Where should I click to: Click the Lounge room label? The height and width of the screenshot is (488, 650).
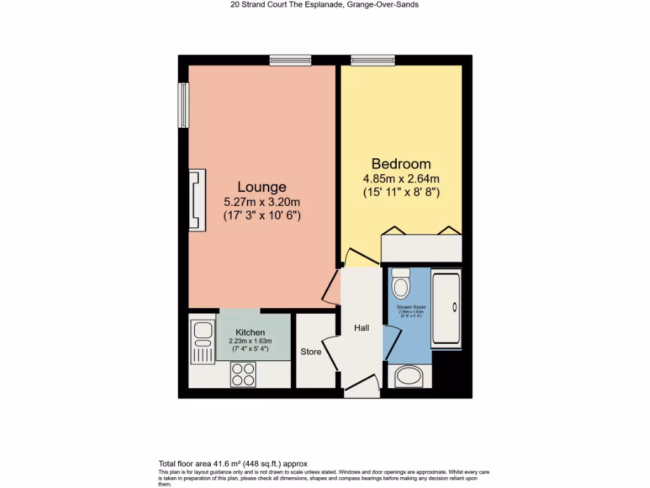click(x=262, y=187)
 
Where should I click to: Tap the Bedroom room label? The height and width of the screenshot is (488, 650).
click(x=401, y=163)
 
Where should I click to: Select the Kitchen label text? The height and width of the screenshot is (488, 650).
click(x=250, y=332)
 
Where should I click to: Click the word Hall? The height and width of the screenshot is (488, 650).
click(x=362, y=328)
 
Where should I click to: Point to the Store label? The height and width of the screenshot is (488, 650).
click(x=311, y=351)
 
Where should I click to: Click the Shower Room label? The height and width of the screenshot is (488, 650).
click(x=411, y=307)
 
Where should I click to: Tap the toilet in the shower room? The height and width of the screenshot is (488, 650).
click(x=401, y=283)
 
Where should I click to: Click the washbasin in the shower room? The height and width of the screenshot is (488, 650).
click(x=408, y=377)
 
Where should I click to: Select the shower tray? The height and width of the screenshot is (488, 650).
click(x=446, y=308)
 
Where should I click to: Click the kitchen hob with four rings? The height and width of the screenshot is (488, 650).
click(x=243, y=374)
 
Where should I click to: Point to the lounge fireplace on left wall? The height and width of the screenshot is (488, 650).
click(x=197, y=200)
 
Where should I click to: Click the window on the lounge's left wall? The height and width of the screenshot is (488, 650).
click(x=183, y=105)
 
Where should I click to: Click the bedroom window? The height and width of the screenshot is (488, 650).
click(x=373, y=60)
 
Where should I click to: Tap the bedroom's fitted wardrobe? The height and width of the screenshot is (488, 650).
click(x=421, y=248)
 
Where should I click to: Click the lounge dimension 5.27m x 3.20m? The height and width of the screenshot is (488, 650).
click(x=262, y=202)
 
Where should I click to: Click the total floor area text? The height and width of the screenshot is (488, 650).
click(x=232, y=464)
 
